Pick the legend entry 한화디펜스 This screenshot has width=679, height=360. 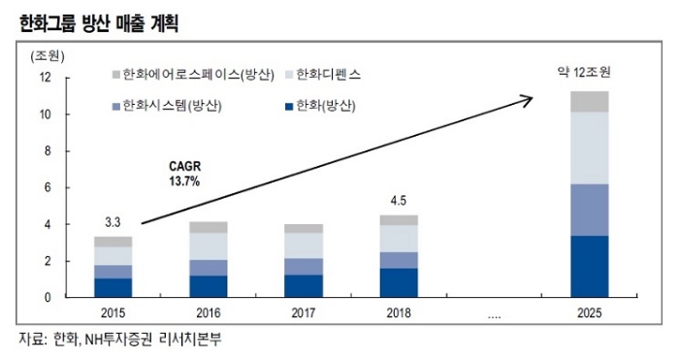329,75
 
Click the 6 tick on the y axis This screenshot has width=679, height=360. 48,187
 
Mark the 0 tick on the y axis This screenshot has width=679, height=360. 48,297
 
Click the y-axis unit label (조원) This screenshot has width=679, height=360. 48,53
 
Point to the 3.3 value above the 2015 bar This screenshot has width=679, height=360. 113,223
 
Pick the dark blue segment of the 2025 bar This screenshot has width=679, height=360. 589,266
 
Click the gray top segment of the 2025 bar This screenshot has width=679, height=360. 589,101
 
